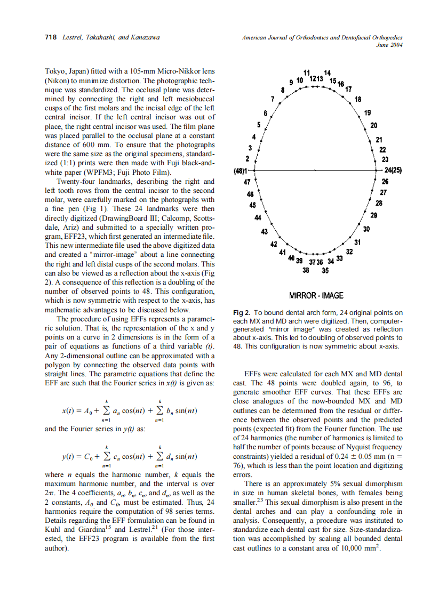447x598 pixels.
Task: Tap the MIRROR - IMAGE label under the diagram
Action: (x=316, y=295)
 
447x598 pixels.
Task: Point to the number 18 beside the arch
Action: (x=358, y=99)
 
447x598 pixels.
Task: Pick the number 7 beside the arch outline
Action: (x=272, y=99)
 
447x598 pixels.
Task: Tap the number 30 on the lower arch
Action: (x=366, y=229)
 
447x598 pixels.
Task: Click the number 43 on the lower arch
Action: (x=264, y=231)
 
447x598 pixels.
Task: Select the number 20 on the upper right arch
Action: (x=373, y=125)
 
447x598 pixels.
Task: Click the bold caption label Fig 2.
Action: (x=242, y=312)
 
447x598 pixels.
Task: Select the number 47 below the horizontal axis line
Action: (x=246, y=182)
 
